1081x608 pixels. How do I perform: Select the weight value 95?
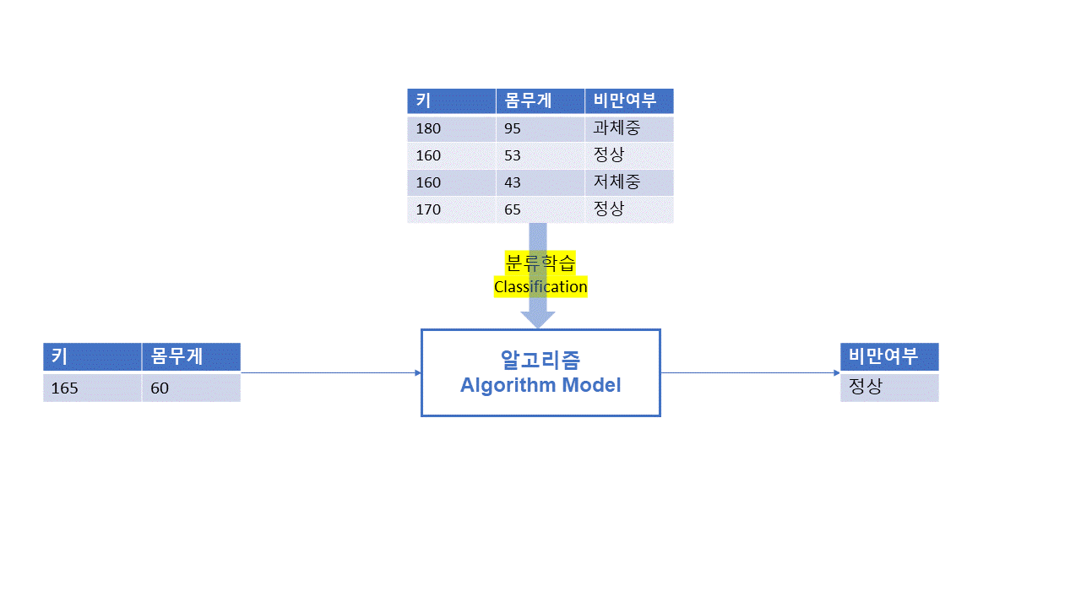click(x=513, y=129)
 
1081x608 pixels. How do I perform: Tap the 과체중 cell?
click(x=617, y=128)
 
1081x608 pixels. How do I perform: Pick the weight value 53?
click(x=513, y=155)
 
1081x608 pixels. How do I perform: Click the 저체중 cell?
click(x=617, y=182)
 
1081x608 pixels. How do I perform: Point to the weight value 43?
click(x=513, y=182)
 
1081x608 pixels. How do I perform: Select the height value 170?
click(x=428, y=209)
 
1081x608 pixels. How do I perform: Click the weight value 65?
click(x=513, y=209)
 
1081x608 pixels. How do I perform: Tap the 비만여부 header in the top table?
click(x=625, y=101)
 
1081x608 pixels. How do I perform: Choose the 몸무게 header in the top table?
click(x=528, y=101)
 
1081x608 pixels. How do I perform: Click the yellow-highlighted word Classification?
click(x=540, y=287)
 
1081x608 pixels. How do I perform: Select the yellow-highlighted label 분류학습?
click(x=540, y=263)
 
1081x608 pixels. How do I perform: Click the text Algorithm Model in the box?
click(x=540, y=386)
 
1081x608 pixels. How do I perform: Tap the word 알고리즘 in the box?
click(x=540, y=361)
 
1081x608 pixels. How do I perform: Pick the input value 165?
click(x=64, y=388)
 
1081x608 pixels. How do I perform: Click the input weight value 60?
click(x=160, y=388)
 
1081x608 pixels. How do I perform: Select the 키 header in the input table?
click(x=59, y=356)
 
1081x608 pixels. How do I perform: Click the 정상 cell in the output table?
click(x=865, y=388)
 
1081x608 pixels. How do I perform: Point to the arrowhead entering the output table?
click(x=836, y=372)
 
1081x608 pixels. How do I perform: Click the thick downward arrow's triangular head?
click(x=538, y=319)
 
